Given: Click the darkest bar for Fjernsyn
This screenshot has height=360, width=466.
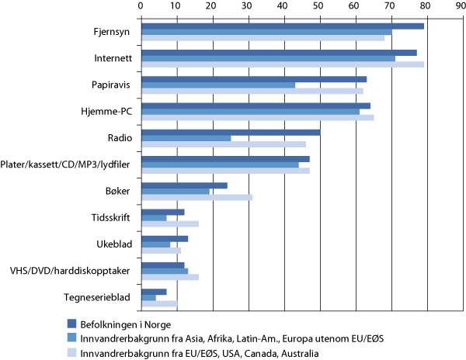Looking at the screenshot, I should click(x=282, y=26).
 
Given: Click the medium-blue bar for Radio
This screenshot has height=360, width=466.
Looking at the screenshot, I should click(x=186, y=138).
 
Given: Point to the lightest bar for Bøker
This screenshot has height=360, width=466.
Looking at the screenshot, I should click(x=196, y=197).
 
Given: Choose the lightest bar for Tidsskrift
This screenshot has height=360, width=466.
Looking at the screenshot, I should click(x=169, y=223).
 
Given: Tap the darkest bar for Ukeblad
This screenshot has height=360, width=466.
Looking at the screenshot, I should click(x=164, y=238).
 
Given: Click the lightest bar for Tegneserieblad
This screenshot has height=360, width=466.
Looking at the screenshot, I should click(x=158, y=303).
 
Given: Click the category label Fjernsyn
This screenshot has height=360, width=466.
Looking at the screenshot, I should click(x=109, y=33).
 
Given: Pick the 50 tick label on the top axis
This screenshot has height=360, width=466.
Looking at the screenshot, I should click(x=320, y=5).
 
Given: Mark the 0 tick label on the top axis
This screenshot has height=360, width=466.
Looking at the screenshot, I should click(x=141, y=5).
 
